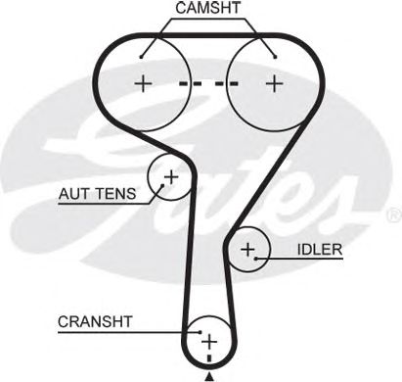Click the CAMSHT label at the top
[x=208, y=8]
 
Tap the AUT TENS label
[x=97, y=194]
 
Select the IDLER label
[x=320, y=250]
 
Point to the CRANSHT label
[x=95, y=322]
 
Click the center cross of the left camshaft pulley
[x=143, y=83]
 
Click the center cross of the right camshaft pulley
[x=275, y=83]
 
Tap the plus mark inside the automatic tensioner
[x=171, y=177]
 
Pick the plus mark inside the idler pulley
[x=247, y=250]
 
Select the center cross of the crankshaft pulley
[x=209, y=342]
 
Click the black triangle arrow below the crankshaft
[x=209, y=377]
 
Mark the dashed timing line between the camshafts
[x=208, y=84]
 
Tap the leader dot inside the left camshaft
[x=141, y=57]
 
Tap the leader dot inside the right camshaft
[x=276, y=57]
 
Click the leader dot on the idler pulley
[x=256, y=259]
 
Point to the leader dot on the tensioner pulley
[x=162, y=186]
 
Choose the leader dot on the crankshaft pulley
[x=201, y=332]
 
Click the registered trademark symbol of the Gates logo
[x=394, y=215]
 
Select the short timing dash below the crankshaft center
[x=209, y=359]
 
